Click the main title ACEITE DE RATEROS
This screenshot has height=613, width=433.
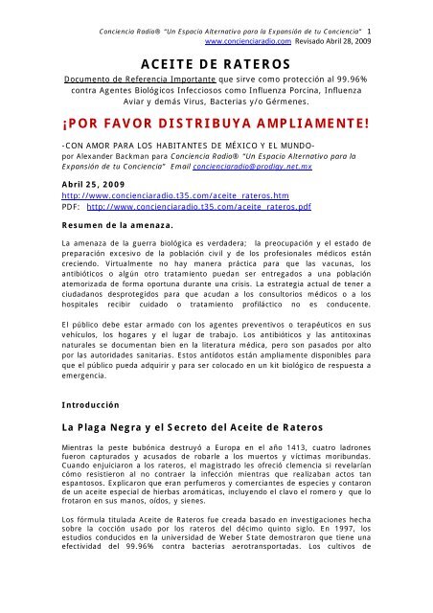tap(216, 65)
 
